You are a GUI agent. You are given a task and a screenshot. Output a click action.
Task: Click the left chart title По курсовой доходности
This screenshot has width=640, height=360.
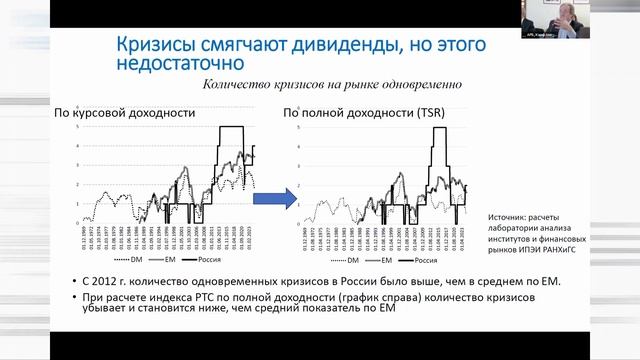125,113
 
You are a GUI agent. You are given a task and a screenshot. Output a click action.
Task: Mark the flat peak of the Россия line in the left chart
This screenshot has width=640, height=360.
232,127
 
